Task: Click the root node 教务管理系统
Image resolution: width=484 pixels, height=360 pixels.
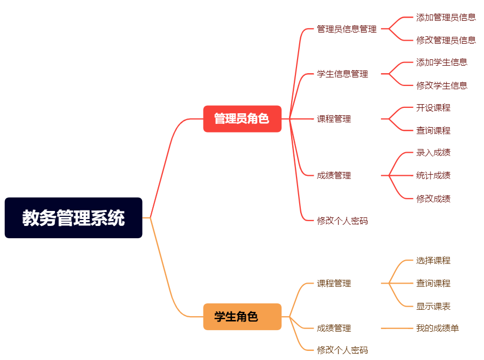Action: [73, 218]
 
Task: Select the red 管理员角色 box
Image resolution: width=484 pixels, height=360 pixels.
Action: [242, 119]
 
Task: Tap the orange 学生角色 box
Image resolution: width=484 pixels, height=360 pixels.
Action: [242, 317]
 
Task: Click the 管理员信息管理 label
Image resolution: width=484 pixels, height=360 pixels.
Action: [347, 29]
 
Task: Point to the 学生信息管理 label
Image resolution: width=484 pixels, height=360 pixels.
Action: [342, 74]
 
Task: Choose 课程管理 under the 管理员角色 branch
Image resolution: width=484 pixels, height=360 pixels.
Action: [334, 119]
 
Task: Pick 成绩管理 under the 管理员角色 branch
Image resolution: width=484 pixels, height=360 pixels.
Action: [334, 175]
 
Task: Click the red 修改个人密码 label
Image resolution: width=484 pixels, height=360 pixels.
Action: [342, 221]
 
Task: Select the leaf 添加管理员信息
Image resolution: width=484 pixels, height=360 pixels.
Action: [446, 17]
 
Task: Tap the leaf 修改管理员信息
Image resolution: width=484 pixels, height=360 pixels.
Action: [446, 40]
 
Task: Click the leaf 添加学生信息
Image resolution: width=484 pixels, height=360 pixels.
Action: [442, 62]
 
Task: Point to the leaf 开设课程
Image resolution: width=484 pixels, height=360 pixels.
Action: [433, 107]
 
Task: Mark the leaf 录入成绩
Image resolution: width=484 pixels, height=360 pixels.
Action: [433, 152]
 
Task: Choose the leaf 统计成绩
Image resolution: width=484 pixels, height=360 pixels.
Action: [433, 175]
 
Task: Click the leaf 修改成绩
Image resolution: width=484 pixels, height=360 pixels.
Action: [433, 199]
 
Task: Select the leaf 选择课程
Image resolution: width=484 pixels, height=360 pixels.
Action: [433, 261]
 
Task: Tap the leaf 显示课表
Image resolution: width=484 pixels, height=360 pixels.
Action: [433, 307]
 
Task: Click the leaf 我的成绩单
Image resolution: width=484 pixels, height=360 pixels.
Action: [438, 328]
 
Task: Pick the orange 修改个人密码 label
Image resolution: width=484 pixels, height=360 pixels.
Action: [342, 350]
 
